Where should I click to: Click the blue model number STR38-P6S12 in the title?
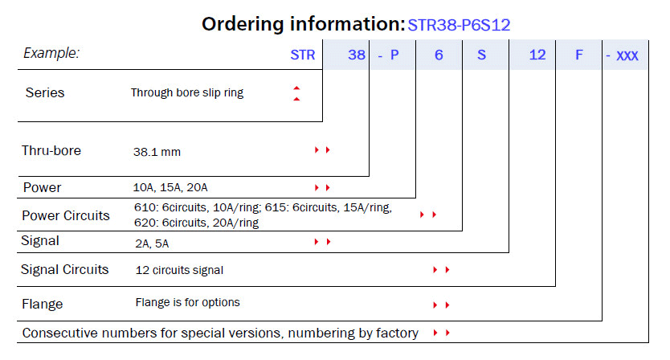pos(459,25)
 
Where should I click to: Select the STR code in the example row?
pos(303,55)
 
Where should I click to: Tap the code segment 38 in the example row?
pos(357,55)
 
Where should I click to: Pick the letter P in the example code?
pos(394,55)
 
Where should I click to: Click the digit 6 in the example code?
pos(439,55)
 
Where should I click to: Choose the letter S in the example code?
pos(481,55)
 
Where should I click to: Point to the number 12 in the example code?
pos(537,55)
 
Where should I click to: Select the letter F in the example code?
pos(579,55)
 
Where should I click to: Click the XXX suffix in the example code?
pos(627,55)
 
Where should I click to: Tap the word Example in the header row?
pos(51,53)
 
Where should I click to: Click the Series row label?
pos(45,92)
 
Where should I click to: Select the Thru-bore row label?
pos(51,150)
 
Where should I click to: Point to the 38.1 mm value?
pos(157,152)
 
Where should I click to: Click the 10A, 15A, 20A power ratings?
pos(170,187)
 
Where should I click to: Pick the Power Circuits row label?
pos(66,215)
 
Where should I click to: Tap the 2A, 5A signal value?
pos(152,243)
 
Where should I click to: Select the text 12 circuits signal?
pos(179,270)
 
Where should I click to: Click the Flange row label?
pos(43,304)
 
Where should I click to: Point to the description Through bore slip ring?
pos(187,92)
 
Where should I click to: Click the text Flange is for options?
pos(187,302)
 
